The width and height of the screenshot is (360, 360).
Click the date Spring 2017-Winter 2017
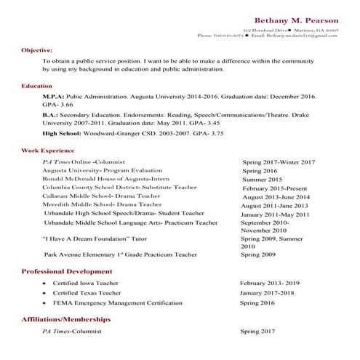[278, 161]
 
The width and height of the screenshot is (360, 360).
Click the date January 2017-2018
[271, 292]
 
